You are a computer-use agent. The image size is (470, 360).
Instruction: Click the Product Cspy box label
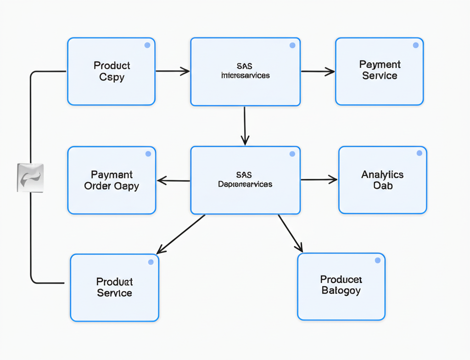pyautogui.click(x=112, y=71)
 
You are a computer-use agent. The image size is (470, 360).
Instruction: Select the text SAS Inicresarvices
pyautogui.click(x=245, y=71)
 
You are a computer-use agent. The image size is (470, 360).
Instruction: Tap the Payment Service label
pyautogui.click(x=380, y=70)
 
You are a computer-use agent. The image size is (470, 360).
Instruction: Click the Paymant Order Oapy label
pyautogui.click(x=112, y=180)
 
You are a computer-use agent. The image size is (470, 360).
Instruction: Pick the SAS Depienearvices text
pyautogui.click(x=245, y=180)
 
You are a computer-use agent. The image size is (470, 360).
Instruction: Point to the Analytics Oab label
pyautogui.click(x=382, y=180)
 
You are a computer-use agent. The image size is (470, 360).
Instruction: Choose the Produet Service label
pyautogui.click(x=114, y=287)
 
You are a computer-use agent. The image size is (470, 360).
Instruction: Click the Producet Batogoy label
pyautogui.click(x=341, y=285)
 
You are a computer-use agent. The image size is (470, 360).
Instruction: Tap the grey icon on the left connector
pyautogui.click(x=30, y=177)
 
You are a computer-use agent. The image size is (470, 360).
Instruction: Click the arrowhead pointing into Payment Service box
pyautogui.click(x=330, y=71)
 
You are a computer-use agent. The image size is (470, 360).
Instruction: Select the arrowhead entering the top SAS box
pyautogui.click(x=185, y=71)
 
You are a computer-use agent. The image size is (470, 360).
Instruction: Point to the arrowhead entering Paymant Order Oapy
pyautogui.click(x=162, y=181)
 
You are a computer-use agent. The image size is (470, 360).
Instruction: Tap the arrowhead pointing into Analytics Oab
pyautogui.click(x=333, y=180)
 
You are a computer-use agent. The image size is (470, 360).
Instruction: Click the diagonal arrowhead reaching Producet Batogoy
pyautogui.click(x=299, y=248)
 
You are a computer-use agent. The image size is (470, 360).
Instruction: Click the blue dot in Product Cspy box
pyautogui.click(x=147, y=45)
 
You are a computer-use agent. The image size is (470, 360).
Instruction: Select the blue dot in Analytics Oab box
pyautogui.click(x=419, y=153)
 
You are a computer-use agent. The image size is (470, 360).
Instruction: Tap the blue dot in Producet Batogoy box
pyautogui.click(x=377, y=260)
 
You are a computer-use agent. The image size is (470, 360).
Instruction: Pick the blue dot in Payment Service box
pyautogui.click(x=415, y=45)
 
